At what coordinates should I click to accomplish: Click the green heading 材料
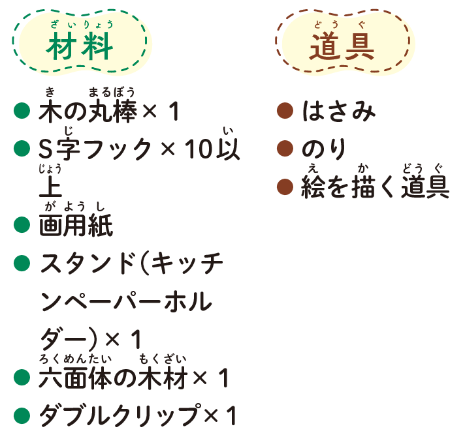(80, 46)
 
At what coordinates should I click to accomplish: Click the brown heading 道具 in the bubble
(342, 46)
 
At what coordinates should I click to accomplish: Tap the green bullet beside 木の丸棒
(22, 110)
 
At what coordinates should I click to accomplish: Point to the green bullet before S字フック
(22, 148)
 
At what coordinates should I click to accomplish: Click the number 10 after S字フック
(199, 149)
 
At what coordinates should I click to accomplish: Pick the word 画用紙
(76, 225)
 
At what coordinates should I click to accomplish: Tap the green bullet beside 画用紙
(22, 224)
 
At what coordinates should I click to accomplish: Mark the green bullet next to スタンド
(22, 263)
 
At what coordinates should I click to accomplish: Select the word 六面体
(75, 378)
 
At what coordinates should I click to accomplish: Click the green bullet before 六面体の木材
(22, 377)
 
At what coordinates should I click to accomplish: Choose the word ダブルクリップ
(121, 415)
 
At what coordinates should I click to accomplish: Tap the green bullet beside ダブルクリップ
(22, 415)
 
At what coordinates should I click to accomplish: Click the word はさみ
(339, 111)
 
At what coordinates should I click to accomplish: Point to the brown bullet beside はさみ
(285, 110)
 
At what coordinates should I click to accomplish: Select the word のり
(324, 149)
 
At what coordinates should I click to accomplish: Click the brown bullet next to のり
(285, 148)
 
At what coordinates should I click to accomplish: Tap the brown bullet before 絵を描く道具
(285, 187)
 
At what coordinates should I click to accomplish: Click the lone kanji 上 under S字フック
(50, 187)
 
